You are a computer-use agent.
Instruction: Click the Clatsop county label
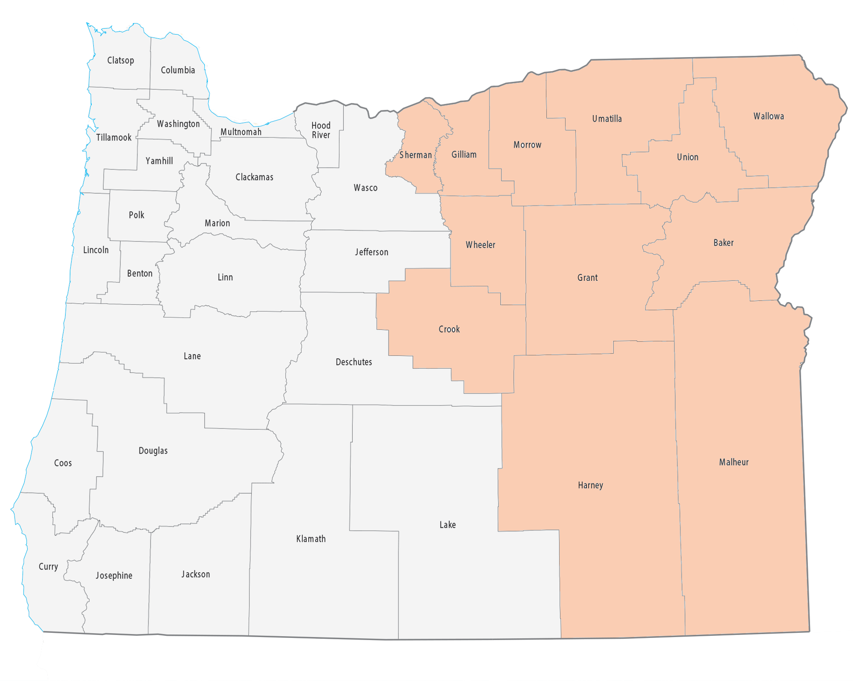point(120,61)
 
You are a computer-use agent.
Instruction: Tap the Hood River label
point(321,130)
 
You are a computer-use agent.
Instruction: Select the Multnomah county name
point(241,132)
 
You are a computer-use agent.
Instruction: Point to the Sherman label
point(415,155)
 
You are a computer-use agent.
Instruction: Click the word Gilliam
point(464,154)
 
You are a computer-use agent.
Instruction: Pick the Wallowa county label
point(769,116)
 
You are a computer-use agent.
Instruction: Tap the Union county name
point(688,157)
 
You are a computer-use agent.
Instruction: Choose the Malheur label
point(734,462)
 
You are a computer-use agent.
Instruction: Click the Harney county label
point(590,485)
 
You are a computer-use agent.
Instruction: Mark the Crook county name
point(449,329)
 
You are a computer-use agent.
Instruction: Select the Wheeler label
point(480,245)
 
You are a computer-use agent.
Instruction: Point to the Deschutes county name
point(354,362)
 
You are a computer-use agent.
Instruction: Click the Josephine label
point(114,575)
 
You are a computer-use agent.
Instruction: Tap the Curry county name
point(48,567)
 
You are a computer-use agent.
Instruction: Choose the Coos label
point(63,463)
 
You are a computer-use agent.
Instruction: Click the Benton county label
point(139,274)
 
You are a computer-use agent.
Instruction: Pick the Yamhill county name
point(159,161)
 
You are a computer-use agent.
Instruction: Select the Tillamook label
point(113,137)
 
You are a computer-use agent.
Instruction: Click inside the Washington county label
point(178,124)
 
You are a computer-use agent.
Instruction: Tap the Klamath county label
point(311,539)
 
